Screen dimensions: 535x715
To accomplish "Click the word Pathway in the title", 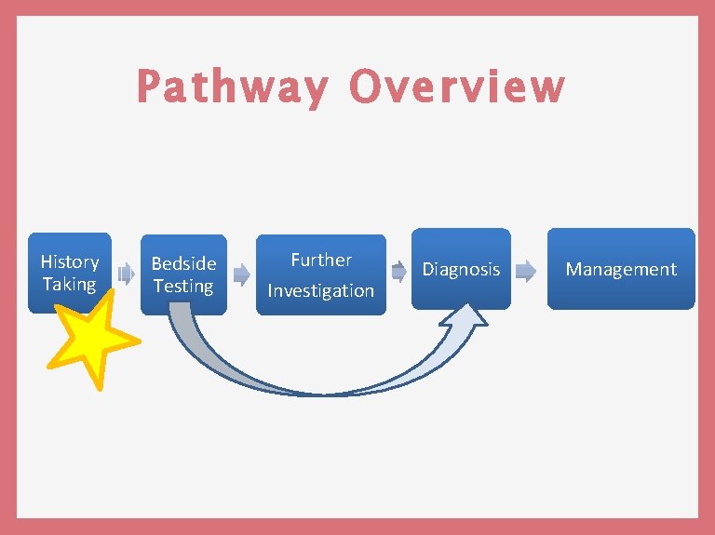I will pyautogui.click(x=232, y=87).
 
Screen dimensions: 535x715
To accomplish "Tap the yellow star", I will pyautogui.click(x=94, y=338).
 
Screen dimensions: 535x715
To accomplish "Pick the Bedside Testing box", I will pyautogui.click(x=183, y=274).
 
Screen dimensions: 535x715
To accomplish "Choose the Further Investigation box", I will pyautogui.click(x=321, y=274).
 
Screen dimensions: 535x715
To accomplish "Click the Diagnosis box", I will pyautogui.click(x=462, y=269).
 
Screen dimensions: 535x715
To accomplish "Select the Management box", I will pyautogui.click(x=621, y=269).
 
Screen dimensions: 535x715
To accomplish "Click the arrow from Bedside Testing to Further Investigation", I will pyautogui.click(x=241, y=274).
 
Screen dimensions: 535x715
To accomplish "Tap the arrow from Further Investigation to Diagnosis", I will pyautogui.click(x=398, y=272).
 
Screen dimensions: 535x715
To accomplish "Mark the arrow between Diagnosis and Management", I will pyautogui.click(x=526, y=272).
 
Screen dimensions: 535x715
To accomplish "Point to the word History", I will pyautogui.click(x=70, y=261).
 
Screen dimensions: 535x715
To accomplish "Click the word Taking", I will pyautogui.click(x=69, y=284).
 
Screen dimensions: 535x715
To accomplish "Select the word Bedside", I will pyautogui.click(x=183, y=264).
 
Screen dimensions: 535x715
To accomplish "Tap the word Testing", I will pyautogui.click(x=183, y=286).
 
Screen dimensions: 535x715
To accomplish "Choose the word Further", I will pyautogui.click(x=321, y=261).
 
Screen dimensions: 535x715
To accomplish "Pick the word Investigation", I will pyautogui.click(x=321, y=290).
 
